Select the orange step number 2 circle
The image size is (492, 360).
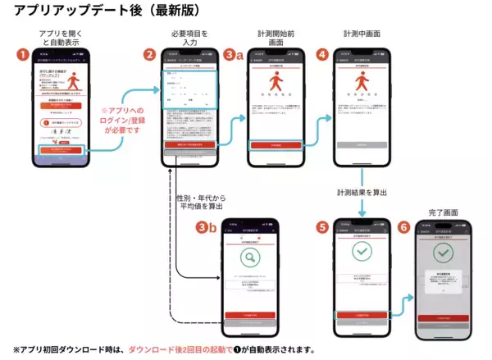tap(149, 55)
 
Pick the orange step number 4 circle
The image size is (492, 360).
tap(321, 55)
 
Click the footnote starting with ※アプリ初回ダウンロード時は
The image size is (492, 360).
tap(164, 349)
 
